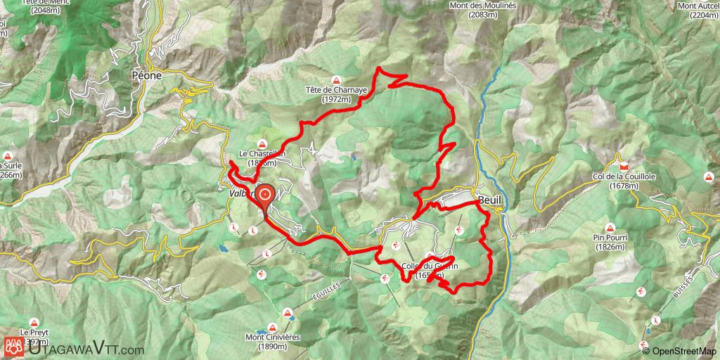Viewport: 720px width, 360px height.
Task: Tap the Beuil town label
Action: [490, 199]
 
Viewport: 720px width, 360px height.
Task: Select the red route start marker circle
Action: [266, 195]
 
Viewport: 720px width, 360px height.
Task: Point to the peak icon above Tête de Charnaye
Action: [337, 79]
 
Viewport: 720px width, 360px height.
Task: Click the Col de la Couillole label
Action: [613, 181]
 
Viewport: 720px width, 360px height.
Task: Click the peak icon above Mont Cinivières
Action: [287, 313]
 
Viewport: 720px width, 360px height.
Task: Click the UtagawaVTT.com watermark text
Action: [83, 349]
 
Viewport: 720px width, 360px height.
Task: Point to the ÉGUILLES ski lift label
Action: [326, 289]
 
